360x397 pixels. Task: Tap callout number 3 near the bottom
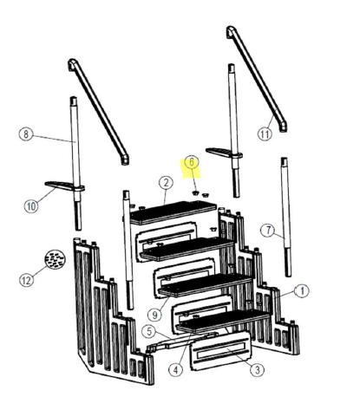point(257,370)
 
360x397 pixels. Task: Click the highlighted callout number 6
point(192,162)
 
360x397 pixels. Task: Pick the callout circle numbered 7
point(267,230)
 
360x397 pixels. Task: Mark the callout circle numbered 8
point(26,134)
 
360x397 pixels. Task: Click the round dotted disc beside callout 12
point(56,260)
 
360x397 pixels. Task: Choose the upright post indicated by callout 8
point(76,165)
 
